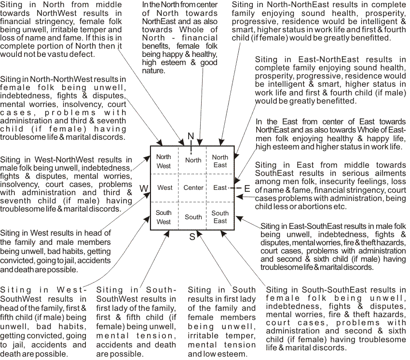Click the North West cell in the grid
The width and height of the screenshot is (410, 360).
click(164, 161)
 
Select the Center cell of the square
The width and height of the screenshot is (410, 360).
click(193, 187)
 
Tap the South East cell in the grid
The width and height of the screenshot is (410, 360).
click(220, 217)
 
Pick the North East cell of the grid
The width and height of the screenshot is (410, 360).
click(220, 161)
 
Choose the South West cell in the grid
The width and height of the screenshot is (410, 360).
click(164, 217)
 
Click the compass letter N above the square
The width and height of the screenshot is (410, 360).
click(191, 136)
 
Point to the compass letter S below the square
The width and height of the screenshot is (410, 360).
click(192, 237)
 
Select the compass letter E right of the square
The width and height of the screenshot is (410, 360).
click(247, 188)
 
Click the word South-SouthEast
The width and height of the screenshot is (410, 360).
click(337, 290)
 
